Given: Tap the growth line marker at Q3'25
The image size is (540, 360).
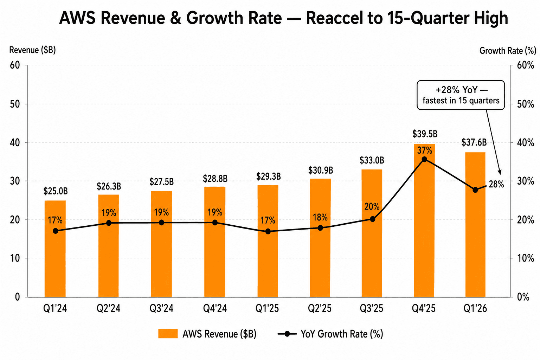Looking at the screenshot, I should click(373, 219).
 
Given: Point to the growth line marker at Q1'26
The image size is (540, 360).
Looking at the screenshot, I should click(475, 190).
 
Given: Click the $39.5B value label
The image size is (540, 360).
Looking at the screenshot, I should click(425, 134).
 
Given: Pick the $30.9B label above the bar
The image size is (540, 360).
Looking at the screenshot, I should click(321, 171).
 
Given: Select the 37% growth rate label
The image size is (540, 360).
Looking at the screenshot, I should click(425, 150).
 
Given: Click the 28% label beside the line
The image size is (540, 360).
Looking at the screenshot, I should click(496, 184).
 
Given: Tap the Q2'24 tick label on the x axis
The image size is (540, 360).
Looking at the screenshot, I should click(109, 309).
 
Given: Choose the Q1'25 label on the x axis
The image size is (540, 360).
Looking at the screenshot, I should click(267, 309).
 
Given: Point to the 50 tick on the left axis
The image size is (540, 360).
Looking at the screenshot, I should click(14, 104).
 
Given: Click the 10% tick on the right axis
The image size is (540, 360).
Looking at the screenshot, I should click(526, 258).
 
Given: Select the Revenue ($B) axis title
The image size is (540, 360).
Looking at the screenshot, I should click(32, 50).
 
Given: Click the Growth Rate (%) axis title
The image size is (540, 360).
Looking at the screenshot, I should click(508, 51).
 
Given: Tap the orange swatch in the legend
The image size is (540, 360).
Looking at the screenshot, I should click(168, 334).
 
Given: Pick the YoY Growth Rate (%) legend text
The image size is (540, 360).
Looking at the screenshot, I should click(342, 334).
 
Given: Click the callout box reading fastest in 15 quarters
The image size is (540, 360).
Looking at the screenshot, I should click(461, 95).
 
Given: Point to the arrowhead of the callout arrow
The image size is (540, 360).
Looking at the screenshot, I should click(500, 172).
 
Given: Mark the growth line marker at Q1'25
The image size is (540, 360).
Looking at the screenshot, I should click(268, 231).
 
